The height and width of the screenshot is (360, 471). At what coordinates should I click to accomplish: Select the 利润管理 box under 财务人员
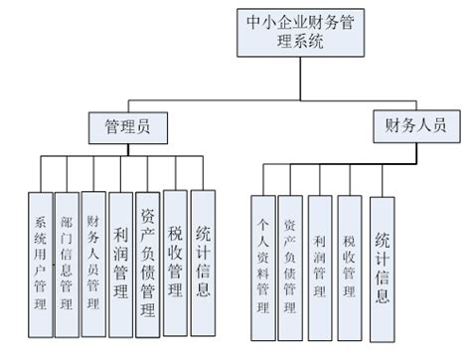point(319,259)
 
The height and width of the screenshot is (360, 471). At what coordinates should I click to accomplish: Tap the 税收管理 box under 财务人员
point(348,259)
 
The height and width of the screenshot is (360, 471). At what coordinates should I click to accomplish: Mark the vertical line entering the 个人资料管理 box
point(262,181)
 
